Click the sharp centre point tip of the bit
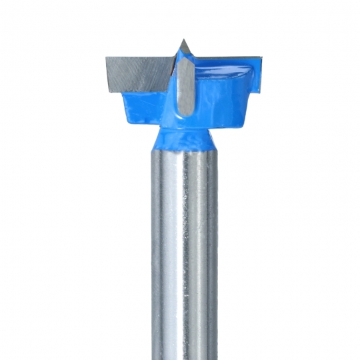(182, 42)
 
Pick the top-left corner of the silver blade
(105, 57)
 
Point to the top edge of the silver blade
(140, 57)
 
